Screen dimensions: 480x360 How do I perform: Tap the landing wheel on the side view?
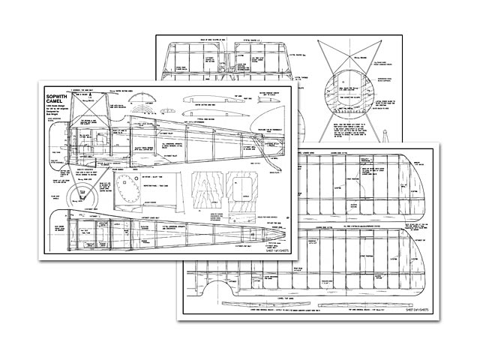pos(79,194)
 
